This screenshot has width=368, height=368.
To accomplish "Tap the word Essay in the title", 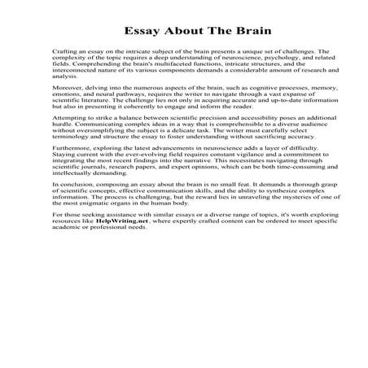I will (140, 33).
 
